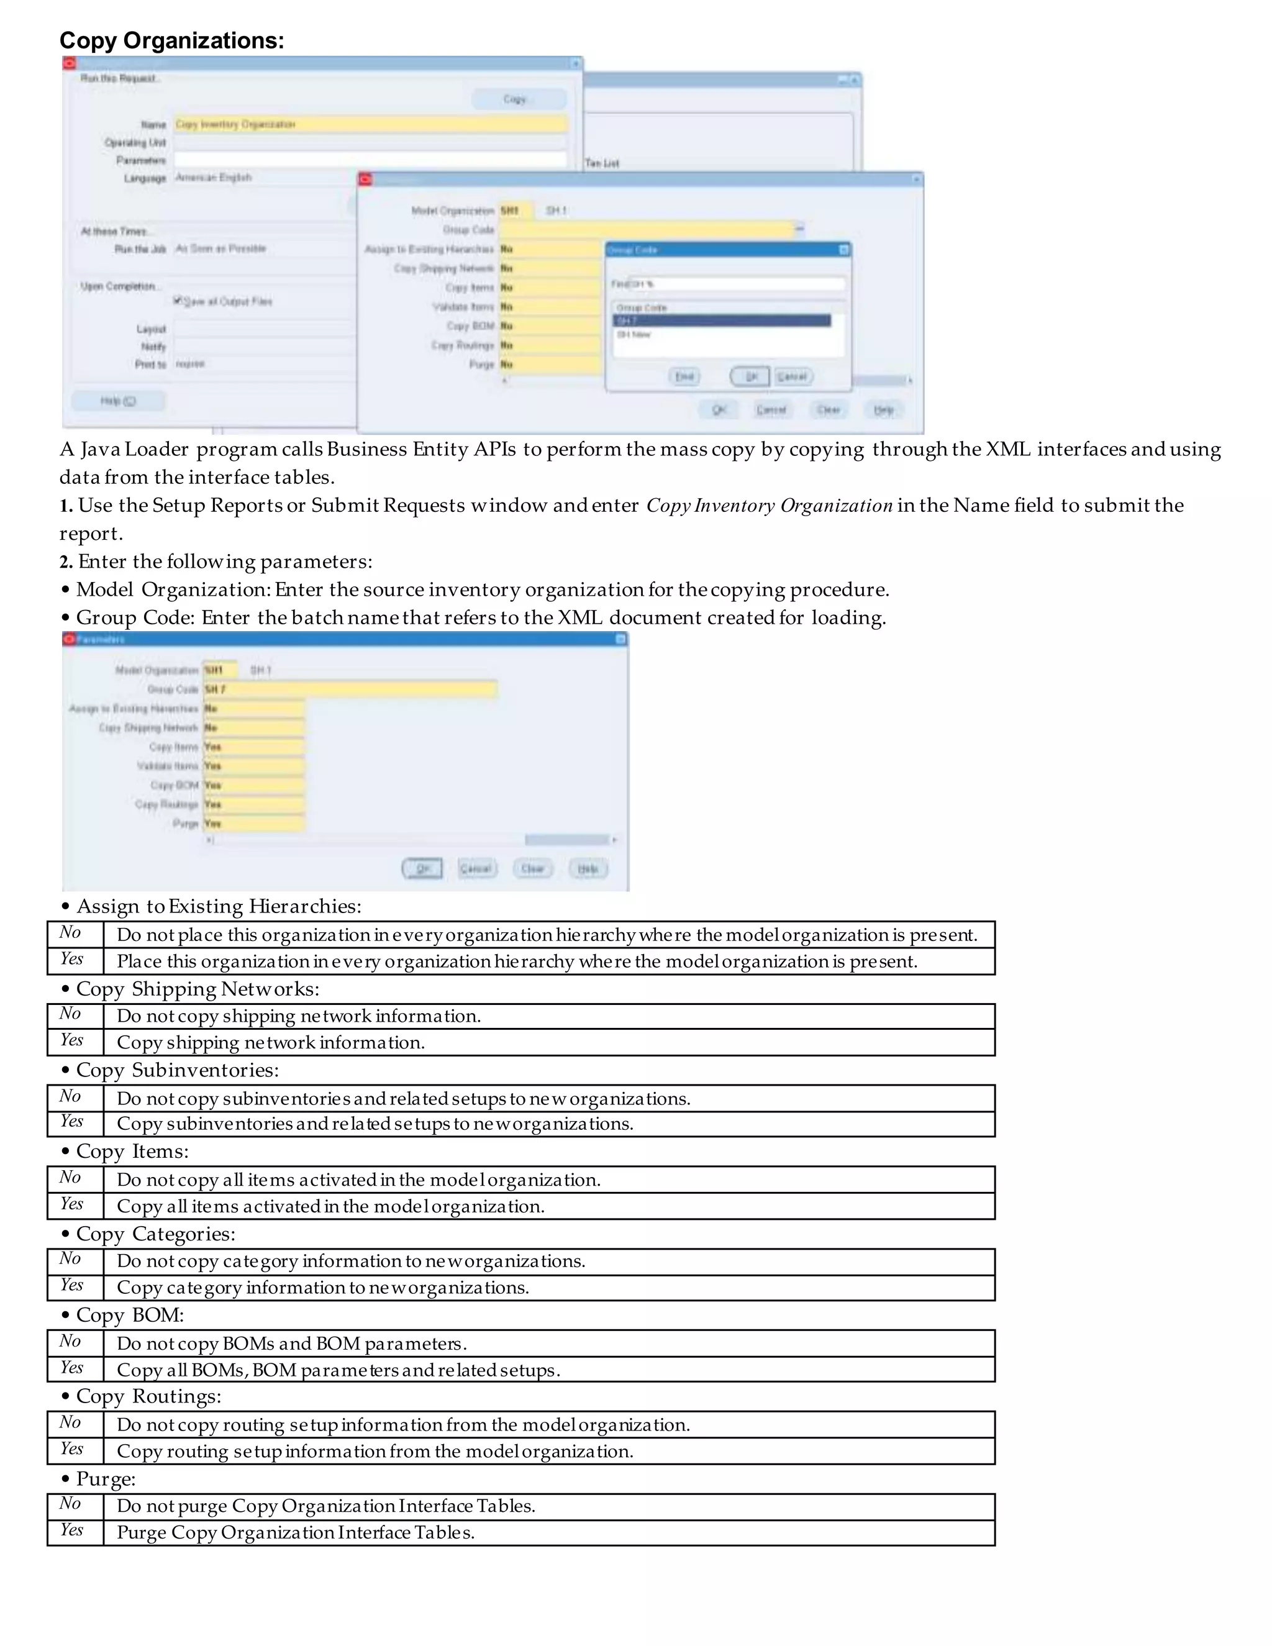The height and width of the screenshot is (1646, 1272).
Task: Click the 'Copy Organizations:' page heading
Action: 172,41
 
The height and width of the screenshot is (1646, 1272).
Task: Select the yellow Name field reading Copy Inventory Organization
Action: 370,124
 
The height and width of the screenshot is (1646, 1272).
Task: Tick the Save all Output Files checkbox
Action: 178,301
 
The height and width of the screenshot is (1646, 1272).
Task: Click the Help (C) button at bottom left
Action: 118,401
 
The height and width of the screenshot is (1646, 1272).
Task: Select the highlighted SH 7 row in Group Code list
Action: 722,321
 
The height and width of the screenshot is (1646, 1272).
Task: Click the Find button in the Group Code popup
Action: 684,376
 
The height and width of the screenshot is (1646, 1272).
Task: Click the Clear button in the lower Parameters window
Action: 533,868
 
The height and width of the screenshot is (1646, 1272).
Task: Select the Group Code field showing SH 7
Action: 350,689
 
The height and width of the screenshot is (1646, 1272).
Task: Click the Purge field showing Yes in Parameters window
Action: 254,824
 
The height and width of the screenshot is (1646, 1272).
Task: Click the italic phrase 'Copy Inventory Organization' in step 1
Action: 770,506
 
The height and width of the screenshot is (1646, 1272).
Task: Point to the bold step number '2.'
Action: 66,562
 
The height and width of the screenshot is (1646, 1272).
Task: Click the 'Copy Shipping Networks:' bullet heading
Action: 198,989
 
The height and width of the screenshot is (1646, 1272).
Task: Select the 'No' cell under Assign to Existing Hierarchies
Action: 71,933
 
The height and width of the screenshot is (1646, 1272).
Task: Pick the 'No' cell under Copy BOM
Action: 71,1342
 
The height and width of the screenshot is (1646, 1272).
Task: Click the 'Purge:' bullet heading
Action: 106,1479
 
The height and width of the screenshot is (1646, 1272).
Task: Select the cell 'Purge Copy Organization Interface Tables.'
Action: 296,1532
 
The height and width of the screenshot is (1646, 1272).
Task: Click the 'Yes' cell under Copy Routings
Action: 72,1448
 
